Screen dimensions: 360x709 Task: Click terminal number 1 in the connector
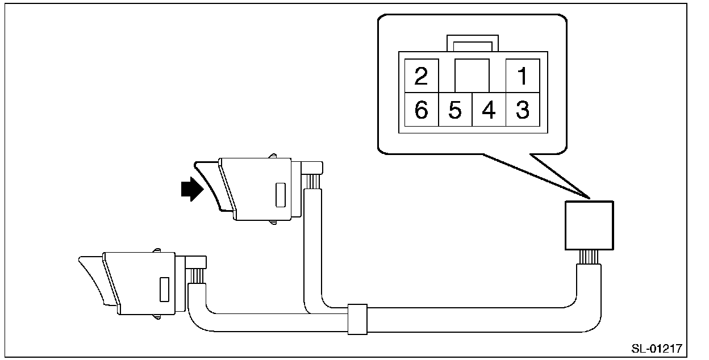(x=522, y=76)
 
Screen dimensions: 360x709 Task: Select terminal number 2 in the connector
(x=421, y=76)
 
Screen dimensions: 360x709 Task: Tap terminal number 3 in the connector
(x=522, y=110)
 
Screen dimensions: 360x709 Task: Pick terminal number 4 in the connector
(x=489, y=110)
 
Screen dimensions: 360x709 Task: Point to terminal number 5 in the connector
(x=455, y=110)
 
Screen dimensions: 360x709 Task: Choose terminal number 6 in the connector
(x=421, y=110)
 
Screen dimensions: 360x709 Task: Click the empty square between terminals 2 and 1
(x=472, y=76)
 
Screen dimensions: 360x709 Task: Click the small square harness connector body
(x=589, y=225)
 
